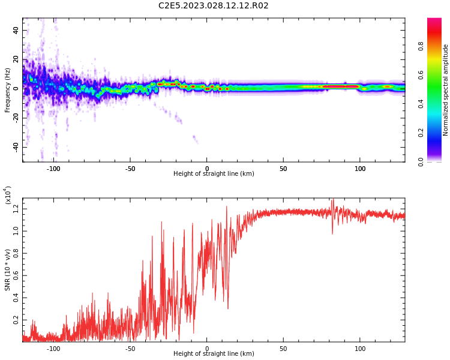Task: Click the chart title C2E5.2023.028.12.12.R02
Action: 213,6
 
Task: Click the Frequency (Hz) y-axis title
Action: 8,90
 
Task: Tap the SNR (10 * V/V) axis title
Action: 8,270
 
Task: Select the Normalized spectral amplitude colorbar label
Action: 446,90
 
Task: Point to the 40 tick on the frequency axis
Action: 16,30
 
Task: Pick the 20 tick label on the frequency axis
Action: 16,59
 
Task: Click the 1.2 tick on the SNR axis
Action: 16,208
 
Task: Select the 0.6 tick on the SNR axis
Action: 16,275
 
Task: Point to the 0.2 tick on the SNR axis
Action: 16,320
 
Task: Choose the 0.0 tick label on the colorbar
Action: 437,161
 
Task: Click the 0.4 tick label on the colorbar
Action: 437,103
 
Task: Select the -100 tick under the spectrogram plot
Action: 54,169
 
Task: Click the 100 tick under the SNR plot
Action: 360,349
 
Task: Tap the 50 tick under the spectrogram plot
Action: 283,169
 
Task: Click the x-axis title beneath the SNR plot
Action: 214,354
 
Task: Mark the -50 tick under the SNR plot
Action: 130,349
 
